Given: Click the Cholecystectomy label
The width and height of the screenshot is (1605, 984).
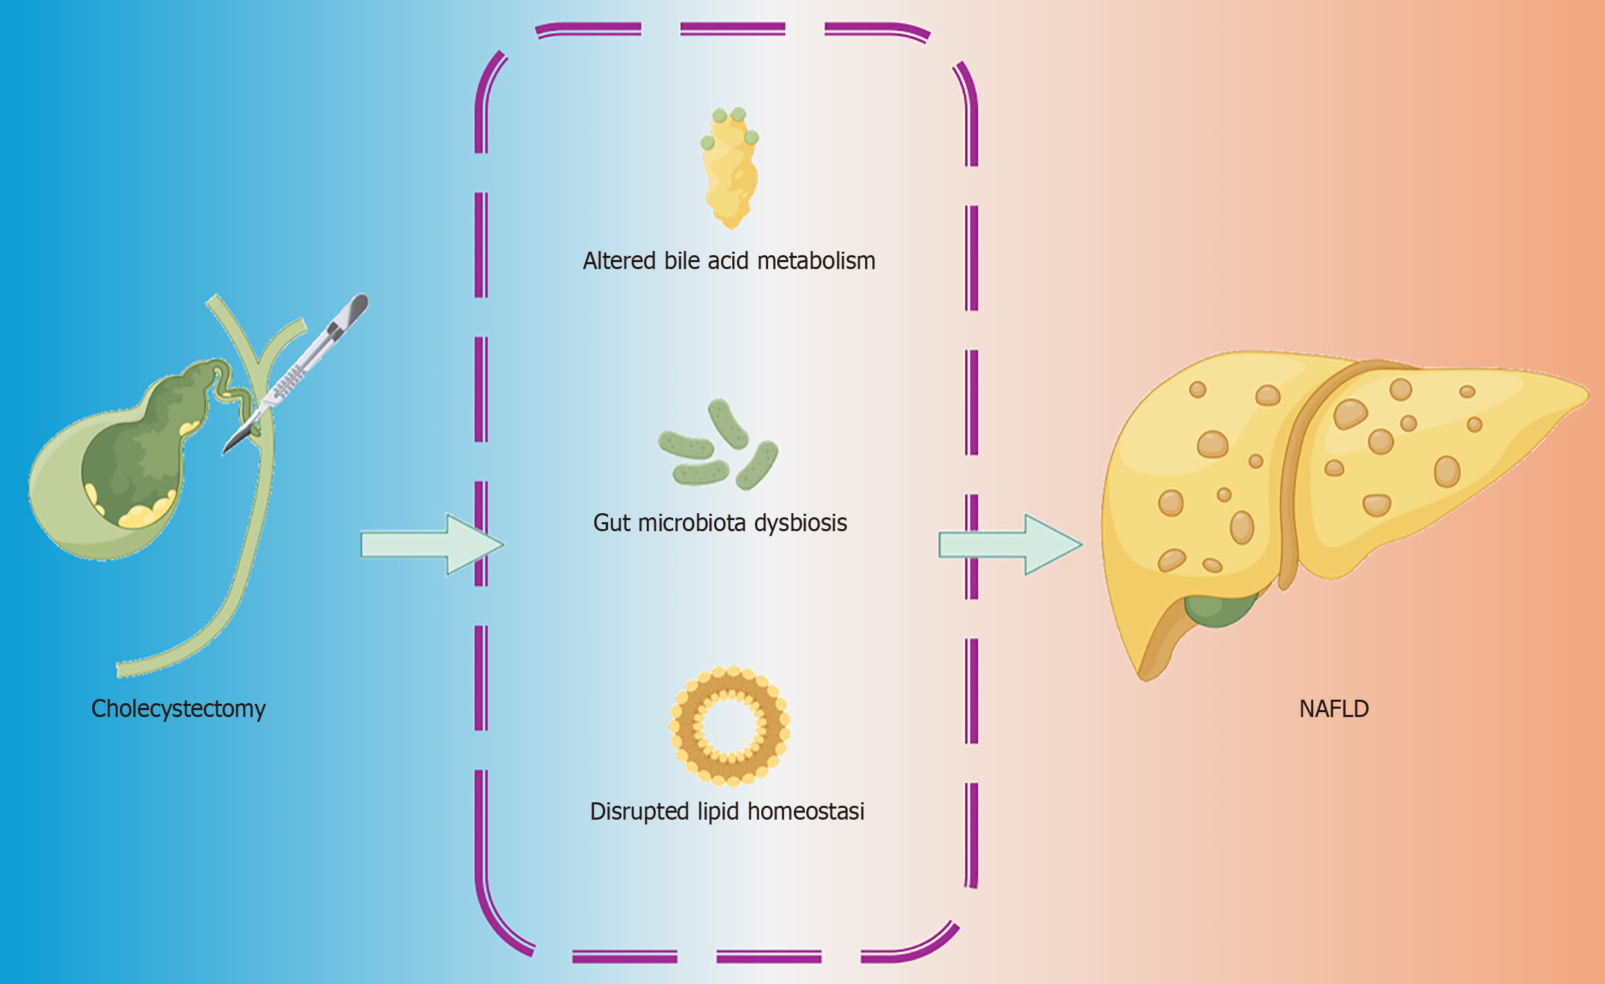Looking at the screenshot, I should click(x=178, y=709).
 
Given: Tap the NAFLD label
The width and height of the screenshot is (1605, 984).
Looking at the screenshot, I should click(x=1334, y=709).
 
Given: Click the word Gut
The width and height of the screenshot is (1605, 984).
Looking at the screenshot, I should click(x=611, y=522).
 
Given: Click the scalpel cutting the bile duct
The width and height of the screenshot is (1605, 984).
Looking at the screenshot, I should click(x=298, y=371).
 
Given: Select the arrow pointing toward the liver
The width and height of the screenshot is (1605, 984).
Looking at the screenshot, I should click(x=1009, y=544).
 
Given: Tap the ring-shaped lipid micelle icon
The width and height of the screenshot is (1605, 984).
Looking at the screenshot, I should click(x=729, y=726).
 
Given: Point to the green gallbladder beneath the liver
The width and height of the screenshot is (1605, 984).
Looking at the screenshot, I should click(x=1220, y=609).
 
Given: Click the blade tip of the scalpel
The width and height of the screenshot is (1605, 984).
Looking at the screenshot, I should click(x=226, y=451).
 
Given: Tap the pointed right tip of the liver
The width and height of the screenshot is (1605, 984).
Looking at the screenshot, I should click(x=1584, y=397).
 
